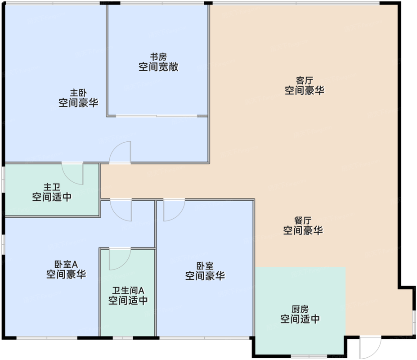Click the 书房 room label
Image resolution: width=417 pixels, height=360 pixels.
tap(158, 57)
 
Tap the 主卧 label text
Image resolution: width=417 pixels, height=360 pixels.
tap(78, 93)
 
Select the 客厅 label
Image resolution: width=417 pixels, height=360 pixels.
tap(305, 81)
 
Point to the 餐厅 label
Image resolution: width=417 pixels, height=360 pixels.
tap(303, 220)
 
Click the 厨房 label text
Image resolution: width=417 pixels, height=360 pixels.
tap(300, 309)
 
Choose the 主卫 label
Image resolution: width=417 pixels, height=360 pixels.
tap(52, 187)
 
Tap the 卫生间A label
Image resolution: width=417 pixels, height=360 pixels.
tap(128, 290)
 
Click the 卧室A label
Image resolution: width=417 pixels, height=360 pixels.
tap(66, 264)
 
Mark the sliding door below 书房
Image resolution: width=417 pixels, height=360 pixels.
tap(157, 116)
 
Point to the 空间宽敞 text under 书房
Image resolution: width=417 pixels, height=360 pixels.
tap(158, 67)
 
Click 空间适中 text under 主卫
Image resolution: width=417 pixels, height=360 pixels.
tap(52, 197)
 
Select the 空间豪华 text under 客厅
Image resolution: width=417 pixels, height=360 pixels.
tap(305, 90)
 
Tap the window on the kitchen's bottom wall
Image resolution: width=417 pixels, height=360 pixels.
tap(309, 356)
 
